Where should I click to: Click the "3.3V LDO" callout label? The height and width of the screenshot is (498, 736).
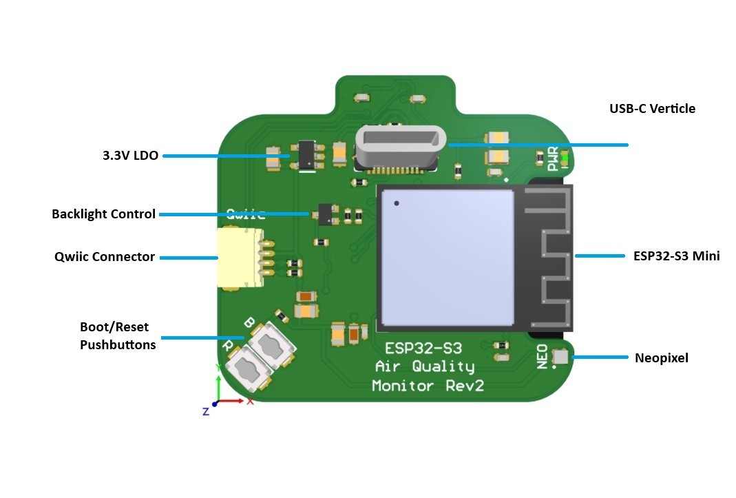pos(130,156)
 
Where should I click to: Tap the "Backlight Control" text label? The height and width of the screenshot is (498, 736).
pos(103,214)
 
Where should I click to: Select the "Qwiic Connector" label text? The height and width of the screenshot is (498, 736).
pos(105,257)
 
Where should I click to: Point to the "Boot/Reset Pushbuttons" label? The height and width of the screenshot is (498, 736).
pos(118,335)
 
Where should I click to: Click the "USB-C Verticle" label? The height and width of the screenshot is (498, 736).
pos(652,109)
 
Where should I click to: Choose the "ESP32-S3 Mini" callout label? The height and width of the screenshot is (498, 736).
pos(676,256)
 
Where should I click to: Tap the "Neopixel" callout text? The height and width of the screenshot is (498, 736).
pos(661,357)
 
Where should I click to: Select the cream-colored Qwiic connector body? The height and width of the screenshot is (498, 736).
pos(238,258)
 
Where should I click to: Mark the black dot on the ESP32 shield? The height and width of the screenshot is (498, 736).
pos(397,203)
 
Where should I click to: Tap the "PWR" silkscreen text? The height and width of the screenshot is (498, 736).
pos(553,159)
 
